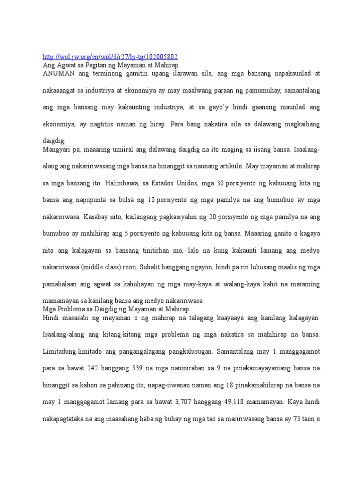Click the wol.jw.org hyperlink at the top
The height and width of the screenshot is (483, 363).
pos(110,56)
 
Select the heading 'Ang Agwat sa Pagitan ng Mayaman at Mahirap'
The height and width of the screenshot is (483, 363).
pos(110,65)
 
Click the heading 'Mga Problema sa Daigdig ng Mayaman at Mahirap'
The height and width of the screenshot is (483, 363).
pos(115,309)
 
